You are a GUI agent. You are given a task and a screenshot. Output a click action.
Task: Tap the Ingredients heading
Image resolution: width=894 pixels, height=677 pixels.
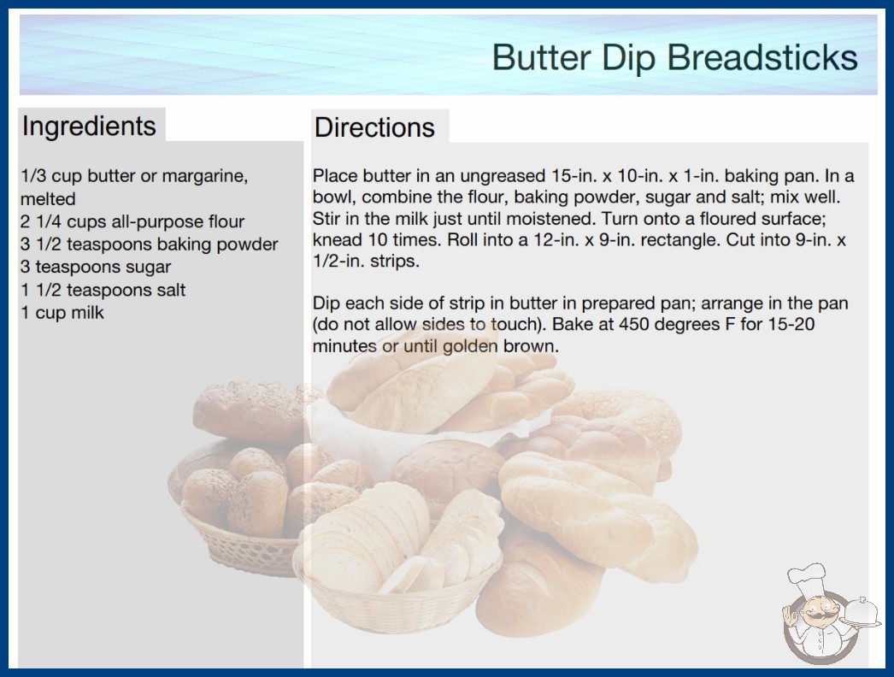coord(89,127)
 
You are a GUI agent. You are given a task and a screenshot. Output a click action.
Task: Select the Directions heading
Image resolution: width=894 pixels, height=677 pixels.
coord(374,127)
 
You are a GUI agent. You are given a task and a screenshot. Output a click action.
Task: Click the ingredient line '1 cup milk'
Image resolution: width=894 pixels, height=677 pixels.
coord(62,313)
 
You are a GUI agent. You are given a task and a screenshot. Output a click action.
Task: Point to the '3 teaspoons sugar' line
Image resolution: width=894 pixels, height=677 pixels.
coord(96,267)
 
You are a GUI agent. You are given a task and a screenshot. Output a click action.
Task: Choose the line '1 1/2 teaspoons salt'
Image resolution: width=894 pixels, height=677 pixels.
coord(103,290)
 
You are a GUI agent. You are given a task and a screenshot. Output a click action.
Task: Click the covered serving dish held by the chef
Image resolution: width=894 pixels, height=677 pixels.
coord(861,612)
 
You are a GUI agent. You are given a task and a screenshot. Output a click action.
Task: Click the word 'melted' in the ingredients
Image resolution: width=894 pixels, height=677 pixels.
coord(48,198)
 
